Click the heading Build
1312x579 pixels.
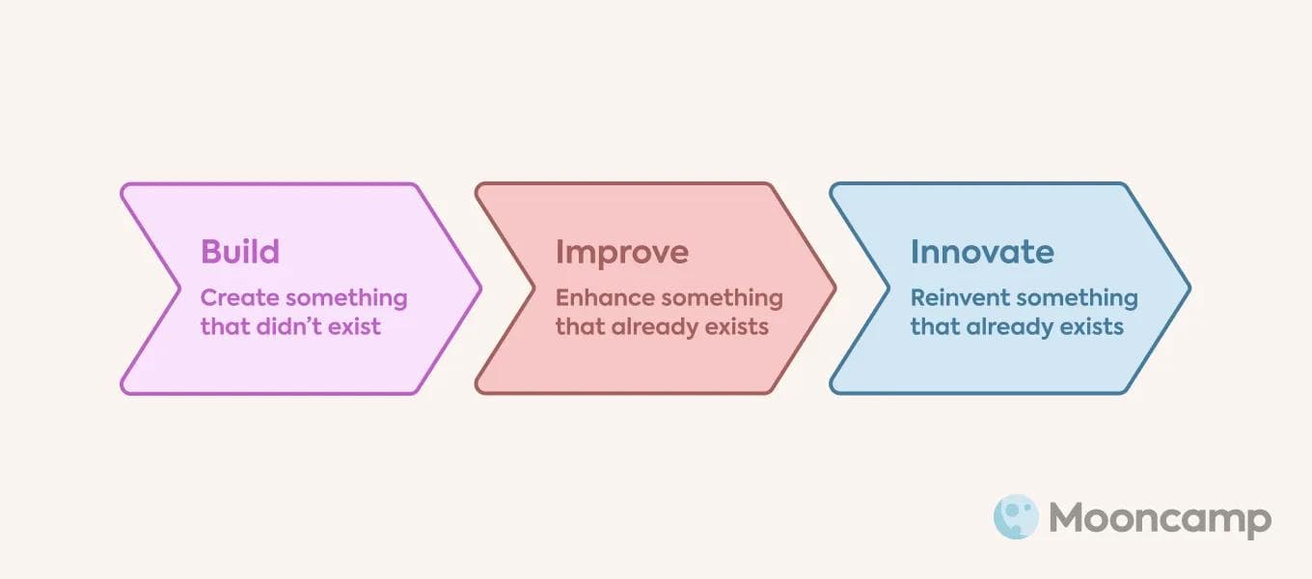pyautogui.click(x=240, y=252)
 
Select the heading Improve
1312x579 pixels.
pyautogui.click(x=622, y=252)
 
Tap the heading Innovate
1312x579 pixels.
pyautogui.click(x=982, y=252)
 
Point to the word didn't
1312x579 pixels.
pyautogui.click(x=290, y=326)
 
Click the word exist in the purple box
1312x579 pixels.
pyautogui.click(x=356, y=326)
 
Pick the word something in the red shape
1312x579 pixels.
pyautogui.click(x=723, y=297)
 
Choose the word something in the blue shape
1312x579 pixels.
pyautogui.click(x=1077, y=297)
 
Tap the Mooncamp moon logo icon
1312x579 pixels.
pyautogui.click(x=1016, y=517)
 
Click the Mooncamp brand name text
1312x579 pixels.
pyautogui.click(x=1160, y=519)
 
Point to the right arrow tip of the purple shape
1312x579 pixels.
pyautogui.click(x=478, y=288)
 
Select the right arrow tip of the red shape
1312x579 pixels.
pyautogui.click(x=834, y=288)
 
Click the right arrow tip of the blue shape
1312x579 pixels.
pyautogui.click(x=1189, y=288)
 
